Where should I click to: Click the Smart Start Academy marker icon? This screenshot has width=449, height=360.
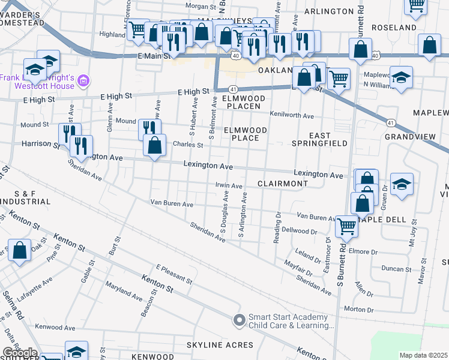240,321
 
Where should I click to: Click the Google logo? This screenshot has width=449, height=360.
19,353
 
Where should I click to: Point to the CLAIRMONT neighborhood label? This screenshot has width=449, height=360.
283,183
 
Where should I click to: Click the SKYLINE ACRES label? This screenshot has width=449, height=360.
220,345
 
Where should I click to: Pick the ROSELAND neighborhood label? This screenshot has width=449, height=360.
394,28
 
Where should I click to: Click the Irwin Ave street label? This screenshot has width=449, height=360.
228,187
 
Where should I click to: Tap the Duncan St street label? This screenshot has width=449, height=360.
396,269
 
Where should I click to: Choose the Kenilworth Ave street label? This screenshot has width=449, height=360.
292,115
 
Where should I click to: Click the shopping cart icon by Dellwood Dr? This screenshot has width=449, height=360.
347,226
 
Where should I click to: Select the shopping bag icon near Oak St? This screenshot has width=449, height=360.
19,250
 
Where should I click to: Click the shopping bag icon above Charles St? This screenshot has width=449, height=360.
155,145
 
